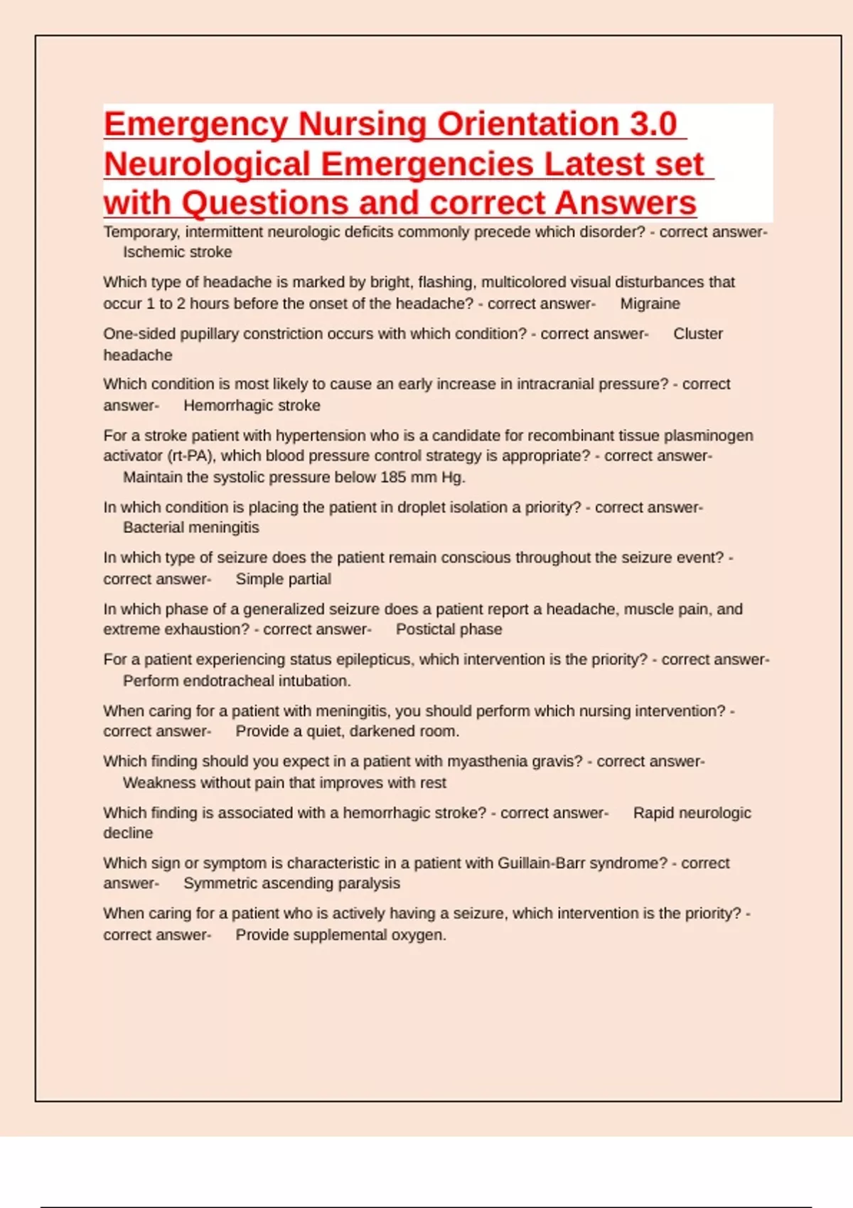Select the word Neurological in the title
207,164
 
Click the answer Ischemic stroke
177,252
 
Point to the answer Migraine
650,304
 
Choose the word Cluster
697,334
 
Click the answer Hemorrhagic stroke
252,406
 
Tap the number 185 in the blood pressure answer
392,478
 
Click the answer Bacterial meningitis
191,528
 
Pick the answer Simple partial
283,579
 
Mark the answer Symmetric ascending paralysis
291,884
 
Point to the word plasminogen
709,436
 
